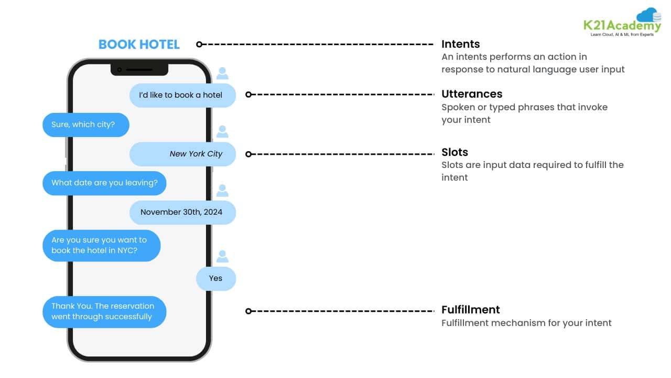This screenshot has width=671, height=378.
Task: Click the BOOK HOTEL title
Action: click(x=139, y=45)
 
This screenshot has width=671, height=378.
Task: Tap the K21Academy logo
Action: click(x=622, y=23)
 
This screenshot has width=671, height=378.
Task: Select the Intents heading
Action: click(x=460, y=44)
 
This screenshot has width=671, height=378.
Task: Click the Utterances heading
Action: click(x=472, y=94)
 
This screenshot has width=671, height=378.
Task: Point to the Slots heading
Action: click(x=454, y=152)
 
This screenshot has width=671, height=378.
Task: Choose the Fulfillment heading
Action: click(x=471, y=310)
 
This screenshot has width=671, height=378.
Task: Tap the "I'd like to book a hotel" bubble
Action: click(x=182, y=95)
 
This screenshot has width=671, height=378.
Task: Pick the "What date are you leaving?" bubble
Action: click(x=104, y=183)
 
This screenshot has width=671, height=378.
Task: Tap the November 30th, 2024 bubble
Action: click(x=182, y=212)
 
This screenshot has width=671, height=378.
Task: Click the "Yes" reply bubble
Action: click(x=215, y=278)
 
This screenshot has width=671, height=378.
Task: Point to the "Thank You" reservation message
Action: click(x=104, y=311)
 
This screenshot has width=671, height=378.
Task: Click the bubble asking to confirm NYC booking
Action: click(x=101, y=245)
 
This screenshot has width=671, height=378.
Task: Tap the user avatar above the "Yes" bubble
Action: click(x=222, y=256)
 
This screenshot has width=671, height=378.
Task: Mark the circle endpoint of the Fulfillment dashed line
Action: click(x=249, y=311)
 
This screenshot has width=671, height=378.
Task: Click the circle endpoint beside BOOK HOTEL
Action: click(x=199, y=45)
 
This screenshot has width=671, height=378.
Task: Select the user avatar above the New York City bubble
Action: click(x=222, y=132)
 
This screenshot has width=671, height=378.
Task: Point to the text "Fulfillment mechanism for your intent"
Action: click(x=526, y=323)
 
